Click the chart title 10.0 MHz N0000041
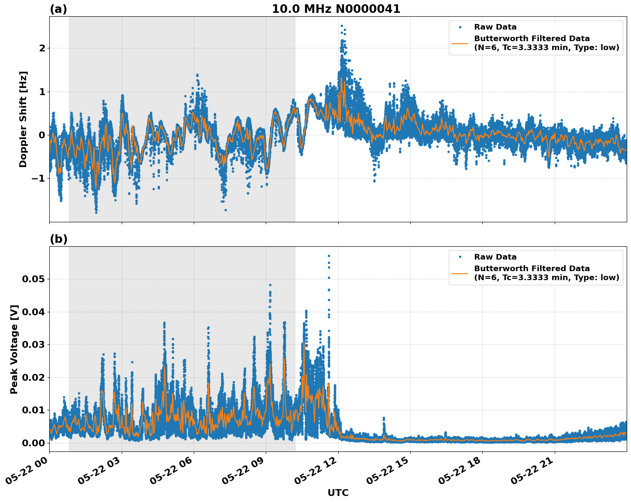tap(336, 9)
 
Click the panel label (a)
tap(58, 9)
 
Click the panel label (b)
tap(59, 239)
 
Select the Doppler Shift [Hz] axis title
tap(23, 119)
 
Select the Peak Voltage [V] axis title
tap(14, 349)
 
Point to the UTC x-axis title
tap(338, 493)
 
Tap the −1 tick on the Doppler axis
tap(39, 178)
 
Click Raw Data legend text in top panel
tap(495, 27)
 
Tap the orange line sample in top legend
tap(460, 43)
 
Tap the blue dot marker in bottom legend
tap(460, 257)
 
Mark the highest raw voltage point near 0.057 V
tap(329, 256)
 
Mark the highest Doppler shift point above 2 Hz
tap(342, 26)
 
